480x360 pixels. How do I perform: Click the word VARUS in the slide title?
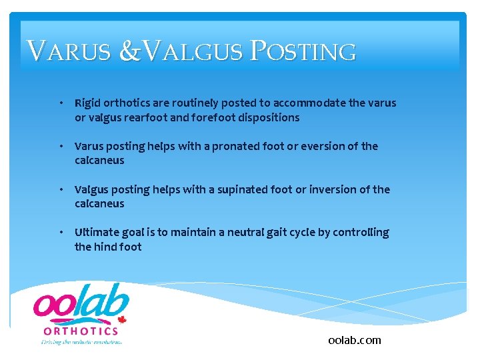click(68, 52)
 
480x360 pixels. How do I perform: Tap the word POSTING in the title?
click(303, 52)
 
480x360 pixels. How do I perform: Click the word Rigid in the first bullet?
click(87, 103)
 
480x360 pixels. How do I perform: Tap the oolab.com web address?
click(355, 340)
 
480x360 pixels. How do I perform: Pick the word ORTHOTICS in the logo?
click(81, 331)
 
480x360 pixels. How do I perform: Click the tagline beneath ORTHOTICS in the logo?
click(81, 342)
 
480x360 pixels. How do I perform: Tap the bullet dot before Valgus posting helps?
click(61, 190)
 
